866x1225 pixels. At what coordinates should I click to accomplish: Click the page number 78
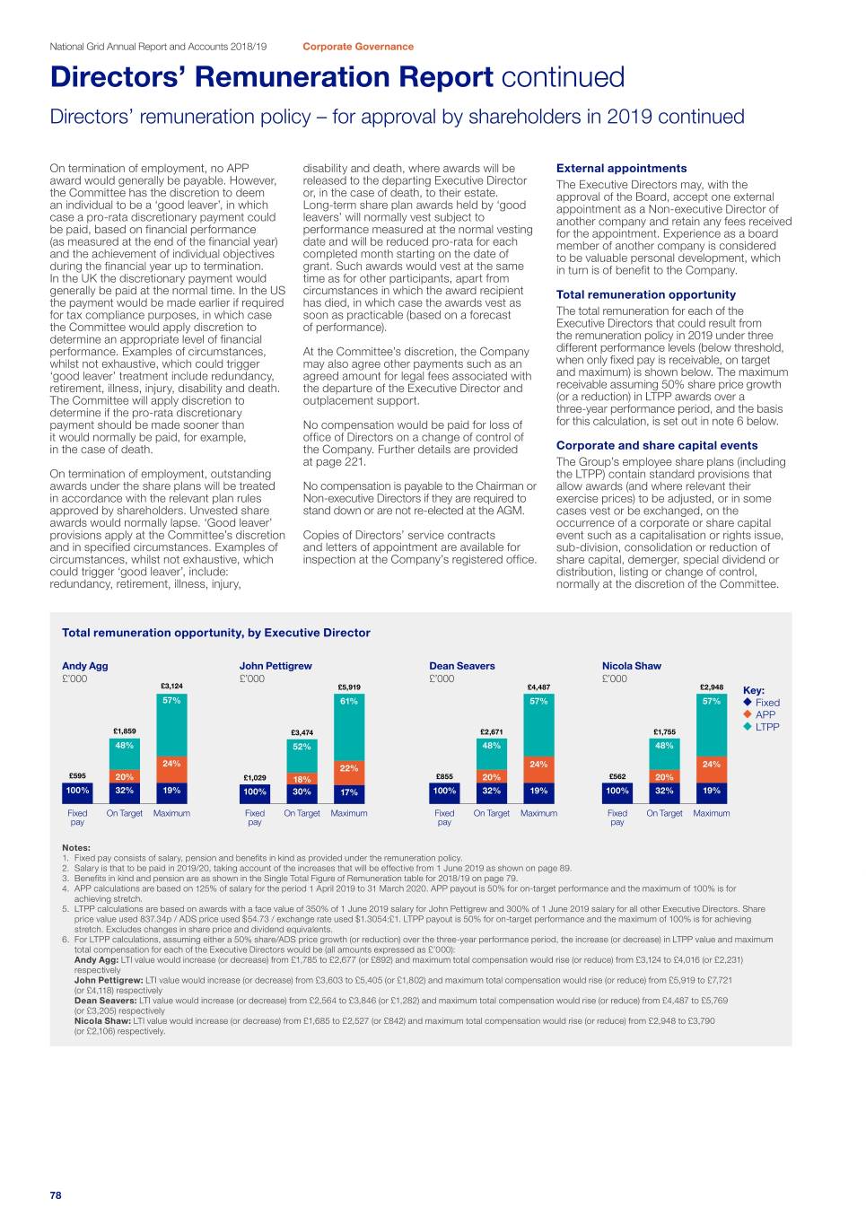56,1194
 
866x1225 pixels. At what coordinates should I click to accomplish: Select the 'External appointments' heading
621,168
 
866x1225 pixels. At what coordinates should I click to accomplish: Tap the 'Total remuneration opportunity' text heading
645,294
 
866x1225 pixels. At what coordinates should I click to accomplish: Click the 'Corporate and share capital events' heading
656,445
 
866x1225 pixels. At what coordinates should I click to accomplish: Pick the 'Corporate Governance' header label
358,47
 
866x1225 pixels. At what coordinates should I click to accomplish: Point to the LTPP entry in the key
766,727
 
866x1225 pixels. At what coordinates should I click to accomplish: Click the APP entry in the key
765,714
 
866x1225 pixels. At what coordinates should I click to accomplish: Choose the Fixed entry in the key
766,703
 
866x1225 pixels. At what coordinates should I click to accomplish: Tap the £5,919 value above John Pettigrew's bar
349,687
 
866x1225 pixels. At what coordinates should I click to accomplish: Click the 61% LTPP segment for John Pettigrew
349,701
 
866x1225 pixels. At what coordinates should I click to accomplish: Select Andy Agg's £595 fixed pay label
77,776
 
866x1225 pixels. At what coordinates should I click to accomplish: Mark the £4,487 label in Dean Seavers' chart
538,687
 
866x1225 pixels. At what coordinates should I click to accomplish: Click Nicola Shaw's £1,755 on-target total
664,732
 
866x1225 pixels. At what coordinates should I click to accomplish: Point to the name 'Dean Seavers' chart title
461,666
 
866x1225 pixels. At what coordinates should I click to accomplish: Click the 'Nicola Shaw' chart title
631,666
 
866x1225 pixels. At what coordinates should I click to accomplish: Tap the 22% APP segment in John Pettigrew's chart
349,768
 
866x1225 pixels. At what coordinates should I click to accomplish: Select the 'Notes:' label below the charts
75,847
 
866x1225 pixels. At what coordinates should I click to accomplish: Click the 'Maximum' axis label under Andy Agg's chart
171,813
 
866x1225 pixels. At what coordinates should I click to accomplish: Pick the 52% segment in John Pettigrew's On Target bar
302,747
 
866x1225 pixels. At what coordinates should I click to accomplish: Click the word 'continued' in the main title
563,77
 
